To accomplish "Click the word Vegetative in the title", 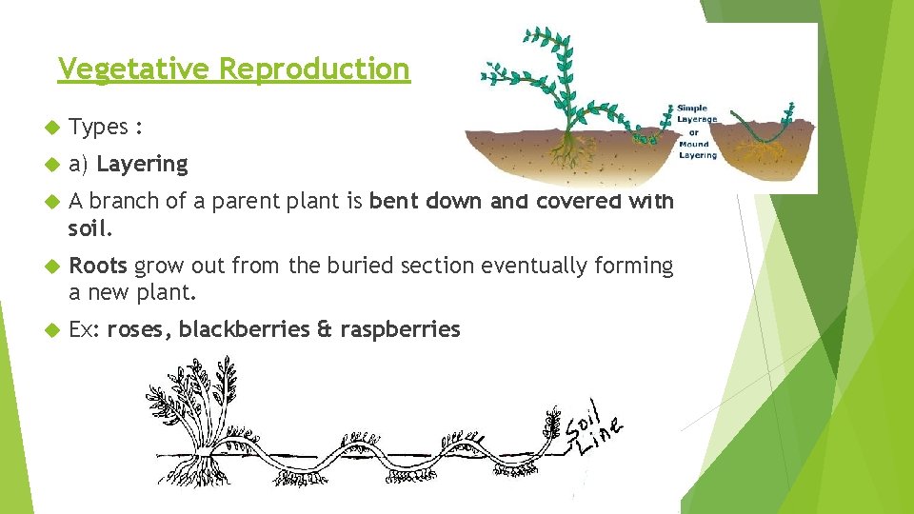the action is click(135, 69).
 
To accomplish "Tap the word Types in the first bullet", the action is click(99, 128).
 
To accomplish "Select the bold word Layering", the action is click(143, 164).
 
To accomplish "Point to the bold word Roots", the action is click(98, 266).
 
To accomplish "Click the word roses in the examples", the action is click(138, 330).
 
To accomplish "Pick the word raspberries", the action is click(400, 330).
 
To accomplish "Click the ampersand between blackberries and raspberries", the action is click(324, 330).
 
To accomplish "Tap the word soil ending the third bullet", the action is click(89, 229).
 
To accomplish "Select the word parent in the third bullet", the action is click(244, 202).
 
